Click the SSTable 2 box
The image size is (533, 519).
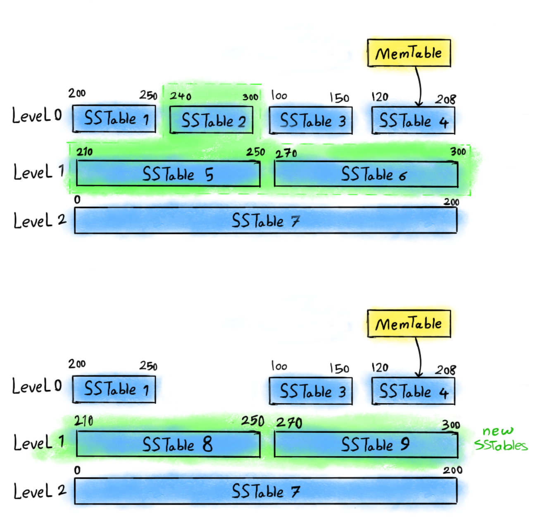pyautogui.click(x=211, y=120)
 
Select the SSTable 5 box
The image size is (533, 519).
pyautogui.click(x=168, y=174)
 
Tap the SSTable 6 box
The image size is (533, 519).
pyautogui.click(x=366, y=174)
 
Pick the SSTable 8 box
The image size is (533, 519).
pyautogui.click(x=168, y=445)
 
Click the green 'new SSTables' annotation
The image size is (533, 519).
pyautogui.click(x=500, y=439)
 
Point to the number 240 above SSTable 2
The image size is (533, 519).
pyautogui.click(x=181, y=96)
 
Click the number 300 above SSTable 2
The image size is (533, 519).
pyautogui.click(x=250, y=97)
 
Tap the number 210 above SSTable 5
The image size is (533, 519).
pyautogui.click(x=84, y=151)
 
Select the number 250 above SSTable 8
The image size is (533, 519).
pyautogui.click(x=253, y=421)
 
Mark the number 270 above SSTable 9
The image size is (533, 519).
pyautogui.click(x=289, y=423)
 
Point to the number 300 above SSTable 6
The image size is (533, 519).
pyautogui.click(x=458, y=151)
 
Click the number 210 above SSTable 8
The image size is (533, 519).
pyautogui.click(x=83, y=421)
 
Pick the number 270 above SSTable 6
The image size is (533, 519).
pyautogui.click(x=286, y=154)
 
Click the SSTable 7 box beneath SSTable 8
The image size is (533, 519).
pyautogui.click(x=266, y=491)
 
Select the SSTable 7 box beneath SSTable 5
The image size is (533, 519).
pyautogui.click(x=266, y=221)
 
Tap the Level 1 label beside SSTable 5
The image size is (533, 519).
pyautogui.click(x=39, y=172)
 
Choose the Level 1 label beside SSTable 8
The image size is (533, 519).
pyautogui.click(x=39, y=442)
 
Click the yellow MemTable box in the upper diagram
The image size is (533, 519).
pyautogui.click(x=409, y=53)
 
